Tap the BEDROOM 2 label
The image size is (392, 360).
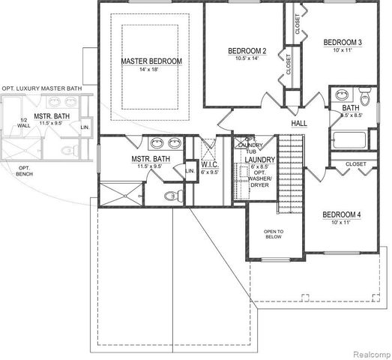click(248, 51)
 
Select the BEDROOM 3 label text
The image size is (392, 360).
click(343, 43)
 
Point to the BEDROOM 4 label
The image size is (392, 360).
click(342, 215)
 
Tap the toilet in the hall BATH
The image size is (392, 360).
click(364, 97)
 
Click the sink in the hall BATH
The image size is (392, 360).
click(342, 96)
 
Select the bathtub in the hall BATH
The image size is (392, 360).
click(349, 140)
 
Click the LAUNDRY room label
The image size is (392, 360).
click(260, 160)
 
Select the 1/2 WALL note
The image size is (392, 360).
click(23, 124)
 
